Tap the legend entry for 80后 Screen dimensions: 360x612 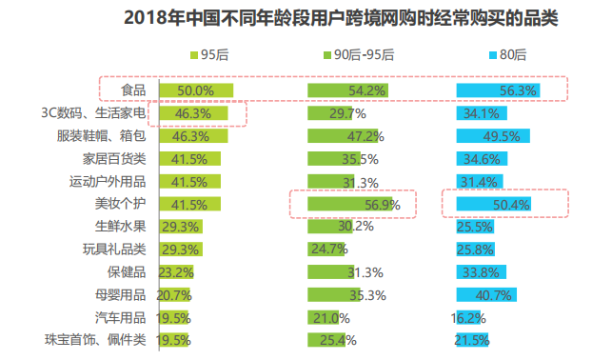tap(504, 54)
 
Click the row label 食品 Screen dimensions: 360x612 tap(132, 90)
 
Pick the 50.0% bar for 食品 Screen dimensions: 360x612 tap(195, 90)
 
